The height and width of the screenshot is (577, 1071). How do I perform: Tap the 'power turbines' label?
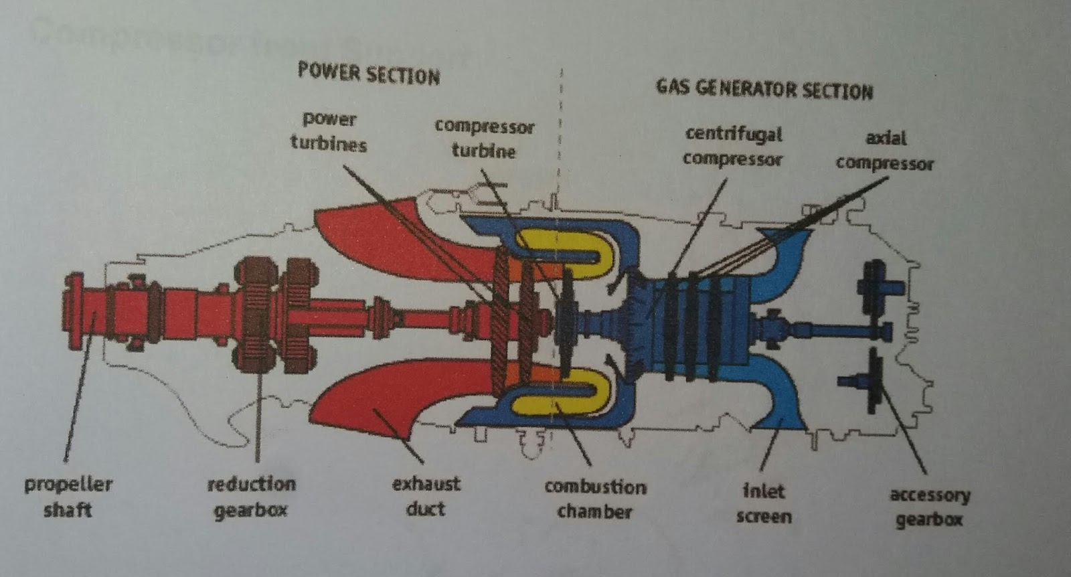coord(329,132)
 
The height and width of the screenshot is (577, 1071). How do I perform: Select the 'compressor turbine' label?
coord(484,139)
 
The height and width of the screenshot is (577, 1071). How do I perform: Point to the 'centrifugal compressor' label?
coord(733,146)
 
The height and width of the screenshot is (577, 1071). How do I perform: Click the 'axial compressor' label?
coord(884,151)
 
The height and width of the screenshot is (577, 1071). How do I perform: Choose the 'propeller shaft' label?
coord(68,497)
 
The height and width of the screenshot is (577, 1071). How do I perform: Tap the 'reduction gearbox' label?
coord(251,497)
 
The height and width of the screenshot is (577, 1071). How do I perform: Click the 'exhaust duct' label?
coord(426,496)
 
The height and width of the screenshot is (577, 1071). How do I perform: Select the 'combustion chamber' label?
coord(595,499)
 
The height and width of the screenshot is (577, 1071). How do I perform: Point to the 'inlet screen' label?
coord(764,503)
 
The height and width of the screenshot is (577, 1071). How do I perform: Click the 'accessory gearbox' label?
coord(930,507)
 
